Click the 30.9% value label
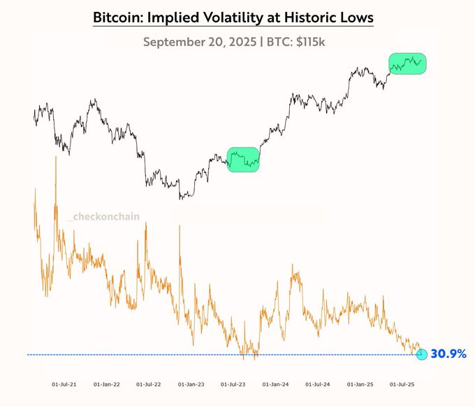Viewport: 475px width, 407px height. coord(448,355)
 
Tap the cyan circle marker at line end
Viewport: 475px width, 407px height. coord(421,355)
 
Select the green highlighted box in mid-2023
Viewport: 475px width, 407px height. coord(243,159)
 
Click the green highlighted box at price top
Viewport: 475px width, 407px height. coord(407,64)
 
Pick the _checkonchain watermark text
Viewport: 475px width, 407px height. coord(103,217)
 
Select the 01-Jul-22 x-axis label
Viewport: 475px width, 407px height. coord(149,384)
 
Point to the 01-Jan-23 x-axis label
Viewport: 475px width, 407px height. coord(191,384)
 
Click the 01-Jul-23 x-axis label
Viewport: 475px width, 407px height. coord(233,384)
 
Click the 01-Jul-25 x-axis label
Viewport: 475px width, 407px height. coord(402,384)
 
